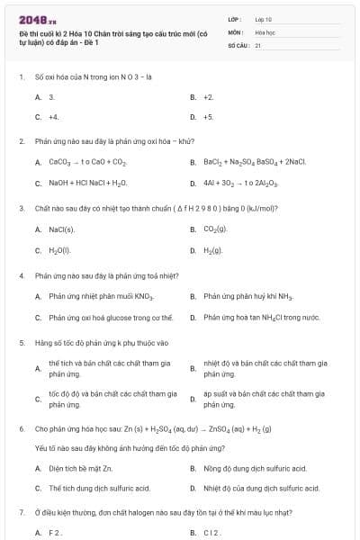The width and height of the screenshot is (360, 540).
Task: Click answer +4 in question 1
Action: pyautogui.click(x=54, y=117)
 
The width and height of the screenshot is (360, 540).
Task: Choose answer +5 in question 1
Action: pyautogui.click(x=208, y=117)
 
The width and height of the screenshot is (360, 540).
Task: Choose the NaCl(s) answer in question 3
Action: pyautogui.click(x=61, y=229)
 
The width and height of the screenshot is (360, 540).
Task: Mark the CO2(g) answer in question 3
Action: pyautogui.click(x=215, y=229)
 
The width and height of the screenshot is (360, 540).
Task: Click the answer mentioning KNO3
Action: pyautogui.click(x=102, y=295)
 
